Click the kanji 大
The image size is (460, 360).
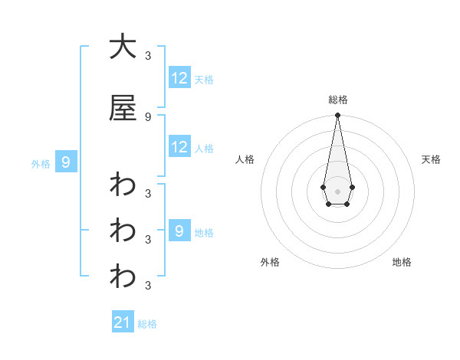[x=123, y=47]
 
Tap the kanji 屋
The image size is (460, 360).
[x=123, y=109]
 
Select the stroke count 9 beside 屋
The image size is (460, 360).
[x=148, y=116]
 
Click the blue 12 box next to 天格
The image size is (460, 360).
[x=179, y=78]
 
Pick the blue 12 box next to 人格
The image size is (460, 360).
[x=179, y=147]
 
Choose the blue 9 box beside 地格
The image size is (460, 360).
[x=179, y=231]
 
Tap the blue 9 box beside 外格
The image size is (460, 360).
[x=66, y=162]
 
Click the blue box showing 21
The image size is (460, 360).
[x=123, y=322]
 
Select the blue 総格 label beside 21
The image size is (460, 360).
[x=147, y=324]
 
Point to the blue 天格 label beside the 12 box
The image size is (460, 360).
[x=204, y=79]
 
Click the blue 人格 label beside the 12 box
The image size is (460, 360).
[x=204, y=148]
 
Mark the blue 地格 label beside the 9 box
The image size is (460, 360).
[x=204, y=232]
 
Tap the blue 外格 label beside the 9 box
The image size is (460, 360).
[x=41, y=163]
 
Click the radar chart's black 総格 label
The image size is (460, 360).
[x=337, y=100]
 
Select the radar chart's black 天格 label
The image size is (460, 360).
[x=431, y=159]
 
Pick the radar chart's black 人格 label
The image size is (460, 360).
[x=245, y=159]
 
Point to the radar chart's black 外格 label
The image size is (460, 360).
[x=270, y=262]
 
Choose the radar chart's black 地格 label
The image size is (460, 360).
[x=402, y=262]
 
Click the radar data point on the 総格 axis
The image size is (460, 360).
[x=337, y=116]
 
